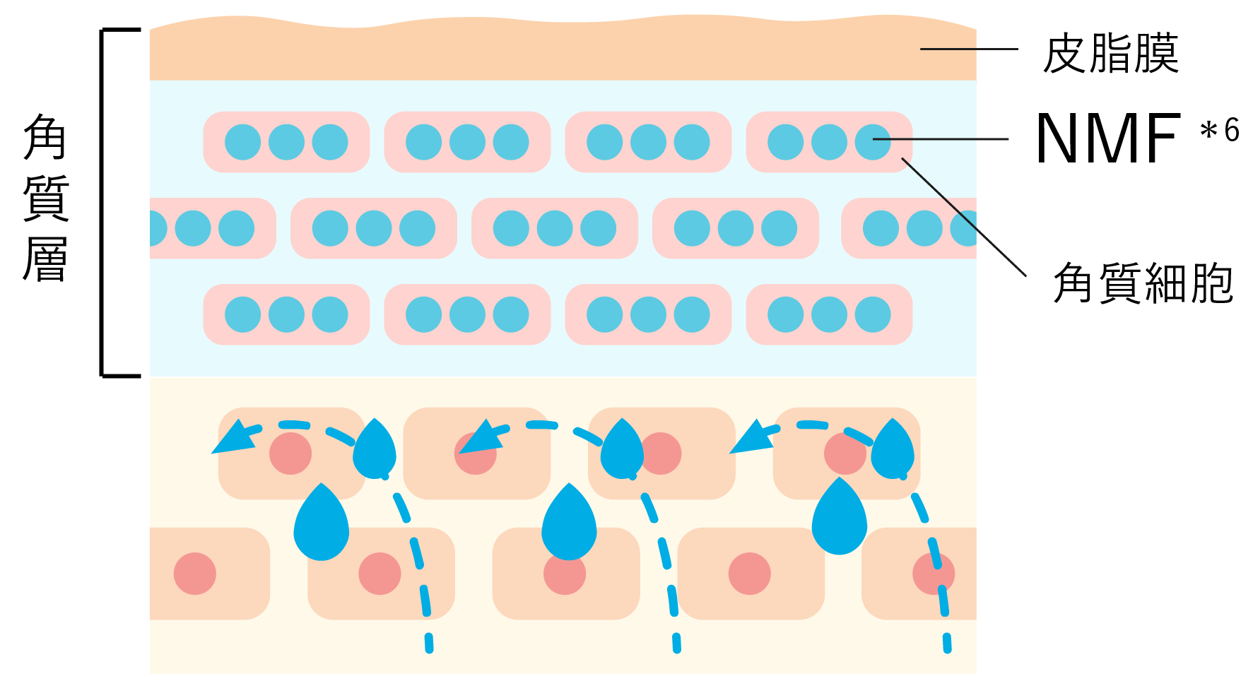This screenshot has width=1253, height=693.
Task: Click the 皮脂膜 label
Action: point(1110,54)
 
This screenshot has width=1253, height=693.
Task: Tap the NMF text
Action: point(1108,138)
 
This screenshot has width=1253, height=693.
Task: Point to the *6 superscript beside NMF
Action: point(1220,131)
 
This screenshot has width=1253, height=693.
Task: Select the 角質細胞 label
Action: point(1143,283)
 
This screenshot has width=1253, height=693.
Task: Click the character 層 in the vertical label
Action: point(45,259)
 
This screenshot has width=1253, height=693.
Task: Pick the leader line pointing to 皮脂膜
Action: point(968,49)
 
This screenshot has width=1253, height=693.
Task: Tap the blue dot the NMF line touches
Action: point(873,141)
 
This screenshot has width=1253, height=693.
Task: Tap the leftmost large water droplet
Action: point(322,523)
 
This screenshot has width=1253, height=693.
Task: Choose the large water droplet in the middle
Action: point(569,523)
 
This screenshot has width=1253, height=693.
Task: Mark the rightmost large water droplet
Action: point(840,518)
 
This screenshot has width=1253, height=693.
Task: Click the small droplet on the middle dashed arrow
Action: point(622,450)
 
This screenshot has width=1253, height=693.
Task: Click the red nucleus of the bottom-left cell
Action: point(195,574)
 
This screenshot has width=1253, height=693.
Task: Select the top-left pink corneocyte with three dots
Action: point(286,142)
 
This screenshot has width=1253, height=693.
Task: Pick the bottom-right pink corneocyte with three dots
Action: point(829,314)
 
